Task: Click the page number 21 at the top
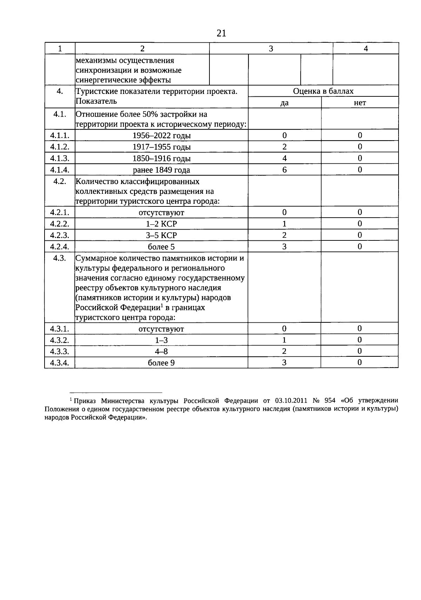coord(221,33)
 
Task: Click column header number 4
coord(366,49)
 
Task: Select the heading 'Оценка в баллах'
coord(323,91)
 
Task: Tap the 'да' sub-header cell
coord(285,103)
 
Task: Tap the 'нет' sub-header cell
coord(360,103)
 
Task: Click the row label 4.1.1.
coord(60,135)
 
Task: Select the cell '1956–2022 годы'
coord(161,136)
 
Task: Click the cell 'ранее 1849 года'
coord(161,170)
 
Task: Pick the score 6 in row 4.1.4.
coord(285,170)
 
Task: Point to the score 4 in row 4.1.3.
coord(285,158)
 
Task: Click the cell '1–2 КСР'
coord(161,224)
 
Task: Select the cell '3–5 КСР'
coord(161,235)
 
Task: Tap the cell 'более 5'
coord(161,247)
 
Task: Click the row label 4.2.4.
coord(60,246)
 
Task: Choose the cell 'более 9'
coord(161,363)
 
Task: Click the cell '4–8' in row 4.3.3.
coord(161,352)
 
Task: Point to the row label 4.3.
coord(60,259)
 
